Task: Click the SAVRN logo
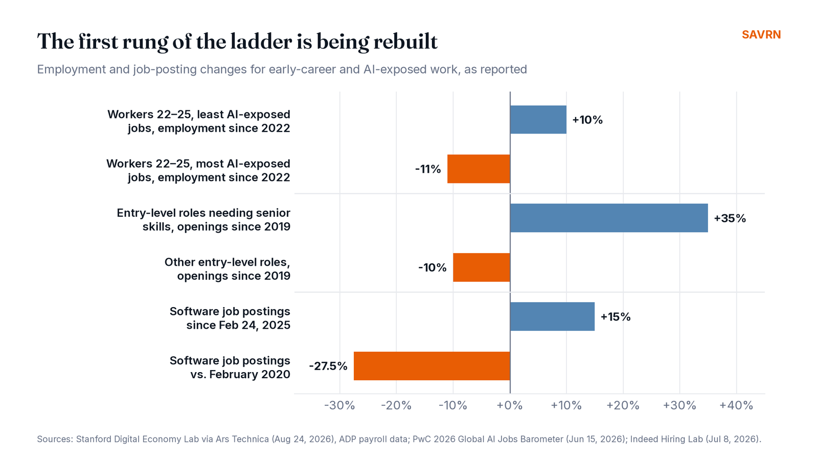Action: click(x=761, y=35)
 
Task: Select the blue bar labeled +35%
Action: click(x=609, y=218)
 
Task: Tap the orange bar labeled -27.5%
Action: click(x=431, y=366)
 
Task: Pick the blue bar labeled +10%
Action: click(x=538, y=120)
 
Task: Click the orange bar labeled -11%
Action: click(x=479, y=169)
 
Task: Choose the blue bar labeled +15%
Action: click(x=552, y=316)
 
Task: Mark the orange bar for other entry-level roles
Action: click(x=482, y=267)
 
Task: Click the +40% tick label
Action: click(x=736, y=405)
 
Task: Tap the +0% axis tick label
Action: click(x=510, y=405)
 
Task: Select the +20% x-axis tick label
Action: click(x=623, y=405)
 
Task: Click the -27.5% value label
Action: click(x=328, y=366)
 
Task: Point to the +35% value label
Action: click(x=730, y=218)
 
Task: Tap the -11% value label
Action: click(x=428, y=169)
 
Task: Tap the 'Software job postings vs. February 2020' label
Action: click(x=230, y=368)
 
